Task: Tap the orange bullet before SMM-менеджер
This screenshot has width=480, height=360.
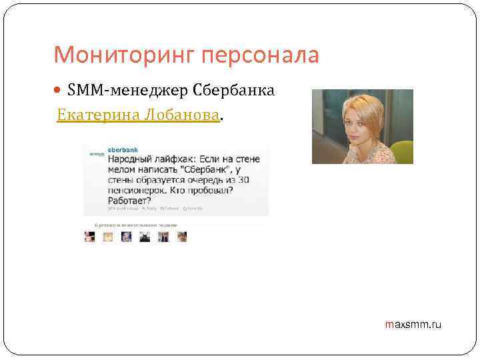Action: tap(61, 91)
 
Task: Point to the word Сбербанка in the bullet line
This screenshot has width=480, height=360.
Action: tap(233, 91)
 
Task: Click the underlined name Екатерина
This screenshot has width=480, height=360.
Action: tap(89, 115)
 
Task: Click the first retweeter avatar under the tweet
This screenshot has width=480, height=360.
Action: tap(89, 237)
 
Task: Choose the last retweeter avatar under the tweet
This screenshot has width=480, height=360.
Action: tap(181, 237)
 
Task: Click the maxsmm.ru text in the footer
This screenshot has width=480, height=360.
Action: tap(413, 325)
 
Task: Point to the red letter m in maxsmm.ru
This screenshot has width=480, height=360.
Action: tap(389, 325)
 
